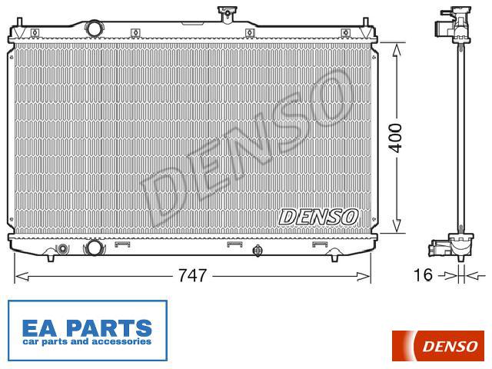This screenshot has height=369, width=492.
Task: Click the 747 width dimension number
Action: point(192,275)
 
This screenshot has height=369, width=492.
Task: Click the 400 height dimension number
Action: point(395,138)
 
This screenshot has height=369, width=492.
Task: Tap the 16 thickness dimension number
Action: point(424,275)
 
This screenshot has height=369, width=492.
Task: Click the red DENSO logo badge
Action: point(437,346)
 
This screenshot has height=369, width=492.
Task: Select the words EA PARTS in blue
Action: point(87,328)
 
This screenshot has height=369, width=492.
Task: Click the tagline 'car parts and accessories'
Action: point(87,341)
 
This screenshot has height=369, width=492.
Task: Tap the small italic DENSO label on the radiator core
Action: point(318,217)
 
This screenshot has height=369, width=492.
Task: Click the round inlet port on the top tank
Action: point(94,28)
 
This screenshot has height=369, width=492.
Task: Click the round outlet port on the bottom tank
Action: point(94,248)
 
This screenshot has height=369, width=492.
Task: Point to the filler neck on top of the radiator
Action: point(226,14)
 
